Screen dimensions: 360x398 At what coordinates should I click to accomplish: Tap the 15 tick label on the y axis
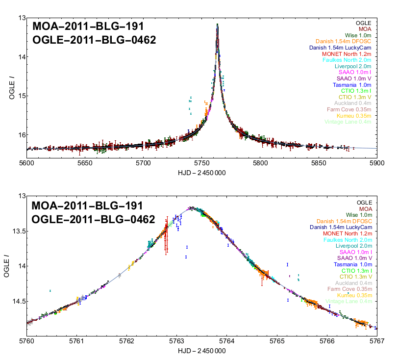19,96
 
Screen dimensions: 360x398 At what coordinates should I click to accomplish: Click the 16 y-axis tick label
19,135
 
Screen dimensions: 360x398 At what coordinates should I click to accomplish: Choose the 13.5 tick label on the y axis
16,231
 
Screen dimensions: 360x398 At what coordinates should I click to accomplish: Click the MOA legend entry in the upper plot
365,29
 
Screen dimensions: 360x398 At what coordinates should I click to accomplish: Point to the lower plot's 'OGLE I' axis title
7,266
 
